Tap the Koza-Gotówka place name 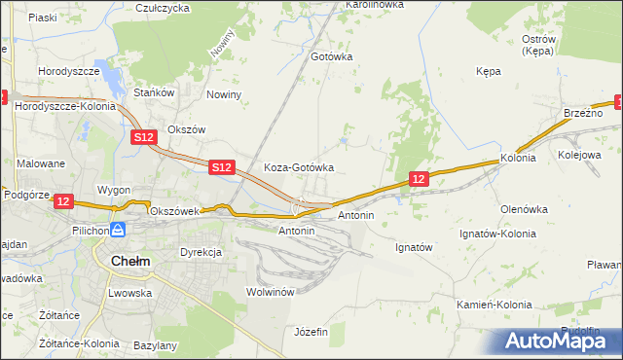[299, 167]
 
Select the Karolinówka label [374, 5]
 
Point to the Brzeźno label [583, 114]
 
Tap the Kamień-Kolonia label [495, 305]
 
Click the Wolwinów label [271, 292]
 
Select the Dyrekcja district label [201, 252]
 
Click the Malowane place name [40, 163]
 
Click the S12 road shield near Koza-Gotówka [222, 167]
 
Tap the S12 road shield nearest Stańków [143, 138]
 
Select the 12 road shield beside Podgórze [63, 200]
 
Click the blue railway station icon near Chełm [118, 230]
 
